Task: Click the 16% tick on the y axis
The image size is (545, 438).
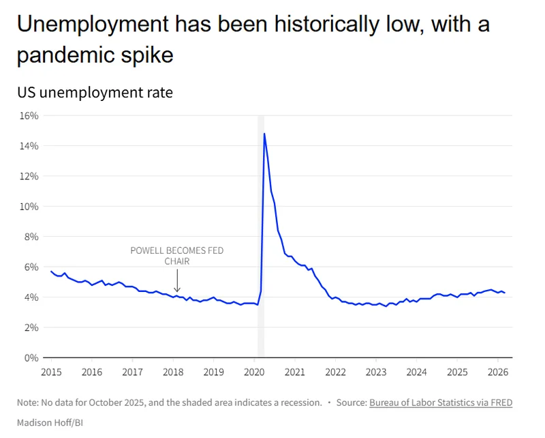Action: point(29,115)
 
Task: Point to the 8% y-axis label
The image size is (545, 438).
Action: point(31,237)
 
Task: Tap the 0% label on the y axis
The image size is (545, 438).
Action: point(31,357)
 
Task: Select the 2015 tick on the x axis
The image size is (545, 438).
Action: point(50,372)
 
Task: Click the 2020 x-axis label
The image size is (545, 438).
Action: point(254,372)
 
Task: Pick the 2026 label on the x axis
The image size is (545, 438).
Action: point(497,372)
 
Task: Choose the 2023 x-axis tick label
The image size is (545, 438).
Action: point(376,372)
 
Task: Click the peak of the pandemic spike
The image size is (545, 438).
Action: point(264,134)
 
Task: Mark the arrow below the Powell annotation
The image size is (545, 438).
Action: point(177,281)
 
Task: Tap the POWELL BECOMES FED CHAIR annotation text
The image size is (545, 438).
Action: point(177,256)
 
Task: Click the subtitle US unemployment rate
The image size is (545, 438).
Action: point(95,92)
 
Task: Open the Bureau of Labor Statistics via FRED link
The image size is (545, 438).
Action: point(441,403)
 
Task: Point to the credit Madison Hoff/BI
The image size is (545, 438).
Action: point(50,422)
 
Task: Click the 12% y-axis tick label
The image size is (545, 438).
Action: point(29,176)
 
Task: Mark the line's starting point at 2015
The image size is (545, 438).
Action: point(51,272)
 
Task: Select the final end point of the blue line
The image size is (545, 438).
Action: point(505,293)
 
